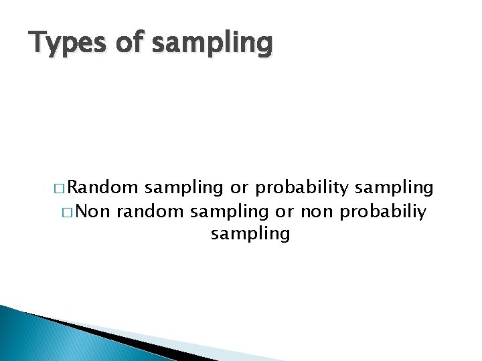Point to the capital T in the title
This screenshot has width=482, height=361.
pyautogui.click(x=38, y=42)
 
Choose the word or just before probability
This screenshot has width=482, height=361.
pyautogui.click(x=239, y=189)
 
